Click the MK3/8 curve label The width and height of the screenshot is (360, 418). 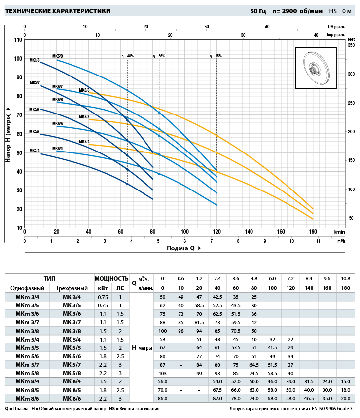[x=35, y=60]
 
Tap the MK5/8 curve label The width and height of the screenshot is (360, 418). [x=58, y=56]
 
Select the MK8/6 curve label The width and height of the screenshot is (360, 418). [x=84, y=90]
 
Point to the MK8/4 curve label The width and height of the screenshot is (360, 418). [x=84, y=142]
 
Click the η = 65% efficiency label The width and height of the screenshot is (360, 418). [x=216, y=56]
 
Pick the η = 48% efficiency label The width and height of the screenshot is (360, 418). [x=127, y=56]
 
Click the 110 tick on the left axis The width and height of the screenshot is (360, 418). [x=18, y=39]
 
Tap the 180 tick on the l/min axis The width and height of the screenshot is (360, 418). [x=313, y=232]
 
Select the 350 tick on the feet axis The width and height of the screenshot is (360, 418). [x=351, y=45]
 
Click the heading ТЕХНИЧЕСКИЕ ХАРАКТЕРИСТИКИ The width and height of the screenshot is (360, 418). [x=58, y=11]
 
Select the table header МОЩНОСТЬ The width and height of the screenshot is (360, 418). [x=111, y=279]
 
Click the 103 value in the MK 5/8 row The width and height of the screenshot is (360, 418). [x=163, y=373]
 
